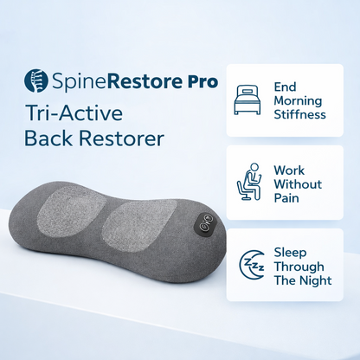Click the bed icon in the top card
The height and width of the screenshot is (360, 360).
click(x=247, y=100)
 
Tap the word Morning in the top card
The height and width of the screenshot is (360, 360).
click(x=297, y=100)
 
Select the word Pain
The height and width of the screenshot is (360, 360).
click(x=286, y=199)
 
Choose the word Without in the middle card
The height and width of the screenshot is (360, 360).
click(x=298, y=184)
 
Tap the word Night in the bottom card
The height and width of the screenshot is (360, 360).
click(x=315, y=281)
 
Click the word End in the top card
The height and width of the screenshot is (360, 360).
click(x=284, y=87)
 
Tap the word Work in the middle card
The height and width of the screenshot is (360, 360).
click(x=288, y=170)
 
